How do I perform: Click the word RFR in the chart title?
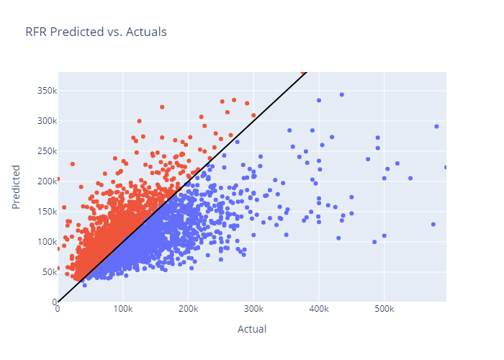pos(36,32)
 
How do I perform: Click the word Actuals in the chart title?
pos(147,32)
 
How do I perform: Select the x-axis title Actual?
pos(252,329)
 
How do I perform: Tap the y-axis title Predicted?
pos(17,186)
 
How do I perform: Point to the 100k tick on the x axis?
pos(122,309)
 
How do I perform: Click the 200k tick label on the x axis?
pos(188,309)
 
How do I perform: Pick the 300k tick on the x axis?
pos(253,309)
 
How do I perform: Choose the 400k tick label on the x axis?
pos(318,309)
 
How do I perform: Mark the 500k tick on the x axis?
pos(384,309)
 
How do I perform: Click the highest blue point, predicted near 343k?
pos(342,94)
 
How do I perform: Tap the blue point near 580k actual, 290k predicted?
pos(436,127)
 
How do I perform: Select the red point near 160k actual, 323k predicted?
pos(162,107)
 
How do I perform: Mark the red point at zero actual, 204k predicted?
pos(58,179)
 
